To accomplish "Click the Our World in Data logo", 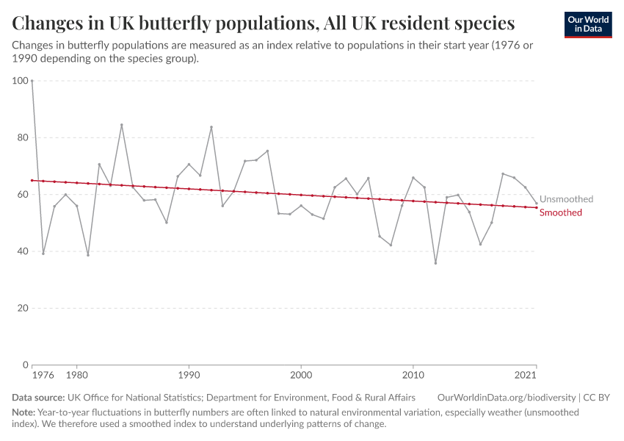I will click(x=587, y=25).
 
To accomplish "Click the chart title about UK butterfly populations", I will click(x=263, y=23).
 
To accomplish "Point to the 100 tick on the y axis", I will click(x=21, y=81).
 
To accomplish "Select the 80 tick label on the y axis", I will click(x=23, y=137).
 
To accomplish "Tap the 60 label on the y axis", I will click(x=23, y=195).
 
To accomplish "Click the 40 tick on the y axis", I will click(x=23, y=251).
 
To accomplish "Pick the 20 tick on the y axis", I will click(x=23, y=308).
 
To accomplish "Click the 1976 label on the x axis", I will click(x=43, y=376).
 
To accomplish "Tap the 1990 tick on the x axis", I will click(x=189, y=376).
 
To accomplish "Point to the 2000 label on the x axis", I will click(x=301, y=376).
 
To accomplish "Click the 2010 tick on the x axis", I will click(x=413, y=376).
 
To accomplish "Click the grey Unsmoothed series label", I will click(x=566, y=199).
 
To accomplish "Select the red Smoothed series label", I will click(x=561, y=212).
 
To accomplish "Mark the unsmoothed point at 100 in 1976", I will click(x=32, y=81).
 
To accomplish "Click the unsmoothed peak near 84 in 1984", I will click(x=122, y=125).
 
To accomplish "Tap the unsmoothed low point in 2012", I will click(x=435, y=263).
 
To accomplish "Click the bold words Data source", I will click(x=38, y=398).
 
